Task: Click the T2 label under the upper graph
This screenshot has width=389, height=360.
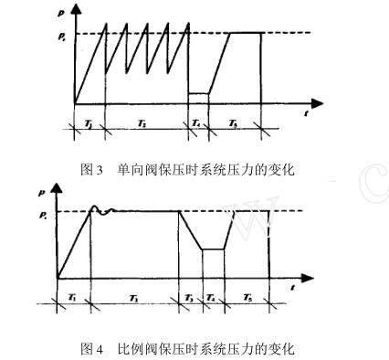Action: click(x=144, y=120)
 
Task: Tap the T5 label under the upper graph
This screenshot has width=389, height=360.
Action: click(x=234, y=120)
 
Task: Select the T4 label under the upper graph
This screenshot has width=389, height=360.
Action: click(x=197, y=120)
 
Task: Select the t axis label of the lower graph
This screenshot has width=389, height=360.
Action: click(x=291, y=288)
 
